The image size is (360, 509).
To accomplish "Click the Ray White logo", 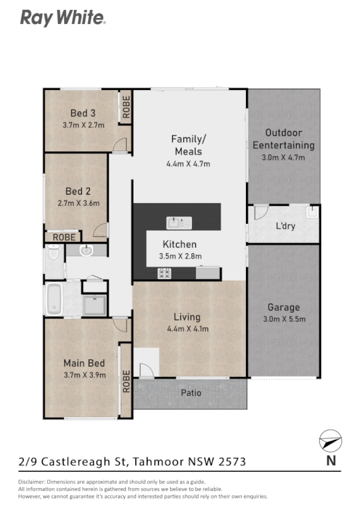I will coord(62,17).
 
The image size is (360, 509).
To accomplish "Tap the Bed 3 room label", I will coord(83,113).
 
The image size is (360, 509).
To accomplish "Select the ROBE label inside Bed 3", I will coord(126,108).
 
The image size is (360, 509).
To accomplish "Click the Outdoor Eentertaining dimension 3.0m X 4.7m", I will coord(283,157).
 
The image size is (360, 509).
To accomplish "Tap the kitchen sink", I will coord(179,223).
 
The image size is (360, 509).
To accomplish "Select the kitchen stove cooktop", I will coord(164,272).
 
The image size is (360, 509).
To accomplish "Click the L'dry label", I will coord(285,227).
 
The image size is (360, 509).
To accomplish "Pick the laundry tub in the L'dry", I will coord(311,213).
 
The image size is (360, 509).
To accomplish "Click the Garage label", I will coord(283,307).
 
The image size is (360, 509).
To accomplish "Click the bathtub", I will coord(53,300).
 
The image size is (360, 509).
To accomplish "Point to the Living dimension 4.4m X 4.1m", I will coord(187,328).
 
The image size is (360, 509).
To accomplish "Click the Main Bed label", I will coord(84,363).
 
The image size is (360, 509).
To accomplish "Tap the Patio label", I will coord(191,393).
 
